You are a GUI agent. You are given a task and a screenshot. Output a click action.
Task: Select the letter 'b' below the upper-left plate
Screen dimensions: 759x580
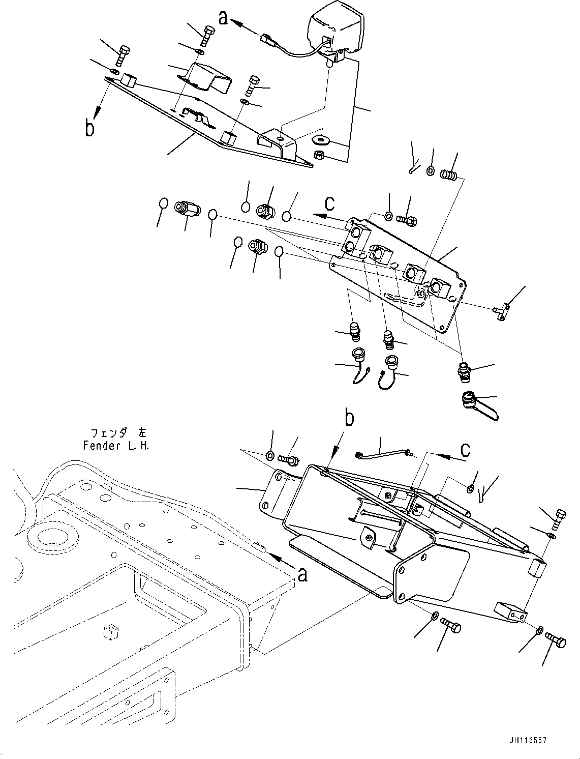(x=90, y=127)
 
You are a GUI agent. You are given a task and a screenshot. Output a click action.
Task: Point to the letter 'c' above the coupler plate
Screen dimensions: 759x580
(x=330, y=203)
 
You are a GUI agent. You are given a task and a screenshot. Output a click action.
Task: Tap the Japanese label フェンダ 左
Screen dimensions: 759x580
(x=117, y=433)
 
